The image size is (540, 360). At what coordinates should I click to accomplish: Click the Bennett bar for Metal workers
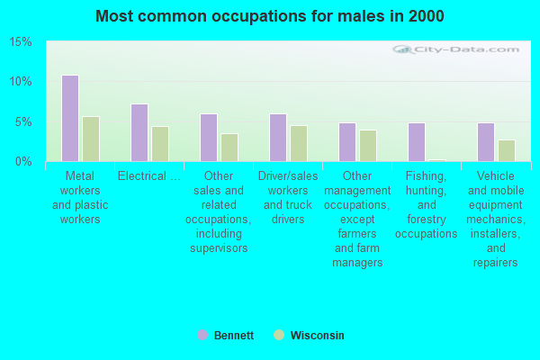tap(69, 118)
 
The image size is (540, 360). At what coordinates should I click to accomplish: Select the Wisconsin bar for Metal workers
tap(90, 139)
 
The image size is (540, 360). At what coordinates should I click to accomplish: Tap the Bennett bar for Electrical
tap(139, 132)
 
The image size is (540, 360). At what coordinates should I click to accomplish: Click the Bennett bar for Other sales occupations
tap(208, 138)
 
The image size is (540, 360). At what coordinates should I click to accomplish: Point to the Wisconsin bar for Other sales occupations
tap(229, 147)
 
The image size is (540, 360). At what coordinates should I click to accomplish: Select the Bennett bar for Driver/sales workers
tap(277, 138)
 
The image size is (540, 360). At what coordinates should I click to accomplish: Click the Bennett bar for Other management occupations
tap(346, 142)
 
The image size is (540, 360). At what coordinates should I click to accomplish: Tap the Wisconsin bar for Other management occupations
tap(367, 145)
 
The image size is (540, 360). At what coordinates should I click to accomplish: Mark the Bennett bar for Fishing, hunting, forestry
tap(416, 142)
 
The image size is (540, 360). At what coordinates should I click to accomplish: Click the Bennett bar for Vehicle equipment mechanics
tap(485, 142)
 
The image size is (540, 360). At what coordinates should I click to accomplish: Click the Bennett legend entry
tap(226, 335)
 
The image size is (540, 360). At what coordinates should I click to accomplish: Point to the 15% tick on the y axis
tap(21, 42)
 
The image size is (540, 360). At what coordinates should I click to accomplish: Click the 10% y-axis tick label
tap(21, 82)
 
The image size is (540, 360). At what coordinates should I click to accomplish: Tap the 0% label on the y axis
tap(23, 161)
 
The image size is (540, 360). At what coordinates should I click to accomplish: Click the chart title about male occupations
tap(270, 16)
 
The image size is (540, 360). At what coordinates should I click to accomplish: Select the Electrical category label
tap(148, 176)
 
